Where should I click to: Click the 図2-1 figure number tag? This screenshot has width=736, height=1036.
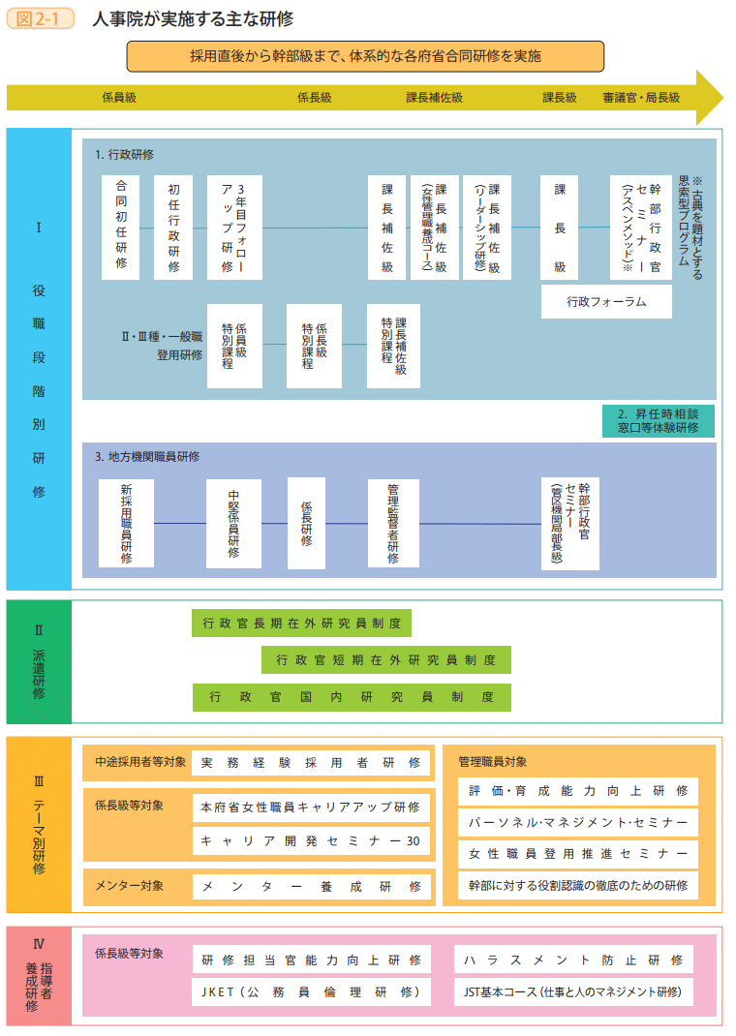(41, 19)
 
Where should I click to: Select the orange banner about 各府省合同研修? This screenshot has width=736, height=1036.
(365, 56)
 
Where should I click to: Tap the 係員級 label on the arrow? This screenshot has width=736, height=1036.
(118, 98)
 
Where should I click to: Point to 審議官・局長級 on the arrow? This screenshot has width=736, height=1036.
(640, 98)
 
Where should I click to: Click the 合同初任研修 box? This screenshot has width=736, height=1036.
(120, 228)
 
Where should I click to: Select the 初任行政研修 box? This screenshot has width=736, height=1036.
(173, 228)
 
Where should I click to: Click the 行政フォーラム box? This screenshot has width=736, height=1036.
(606, 301)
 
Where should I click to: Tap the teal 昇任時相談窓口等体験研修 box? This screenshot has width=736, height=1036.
(658, 420)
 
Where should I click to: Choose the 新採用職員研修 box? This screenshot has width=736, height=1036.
(126, 524)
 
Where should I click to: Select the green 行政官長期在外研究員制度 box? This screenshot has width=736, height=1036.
(301, 624)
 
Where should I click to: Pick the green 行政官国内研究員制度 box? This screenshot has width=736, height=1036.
(352, 697)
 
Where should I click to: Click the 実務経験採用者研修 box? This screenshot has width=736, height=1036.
(311, 762)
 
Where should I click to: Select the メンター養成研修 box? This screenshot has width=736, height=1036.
(311, 886)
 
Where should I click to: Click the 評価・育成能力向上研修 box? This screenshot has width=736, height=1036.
(577, 791)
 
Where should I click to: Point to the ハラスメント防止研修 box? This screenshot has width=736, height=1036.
(573, 960)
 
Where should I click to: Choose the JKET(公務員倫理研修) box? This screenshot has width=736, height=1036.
(311, 991)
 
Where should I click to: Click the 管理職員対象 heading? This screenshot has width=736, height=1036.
(493, 762)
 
